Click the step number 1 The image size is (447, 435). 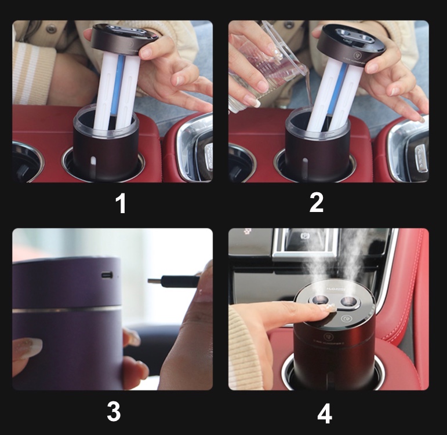click(x=121, y=204)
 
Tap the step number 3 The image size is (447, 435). click(x=114, y=412)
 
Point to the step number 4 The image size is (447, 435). click(x=325, y=413)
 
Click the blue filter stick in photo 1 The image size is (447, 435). click(x=120, y=93)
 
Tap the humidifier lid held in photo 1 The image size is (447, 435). click(x=126, y=37)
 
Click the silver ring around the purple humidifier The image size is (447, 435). click(x=70, y=310)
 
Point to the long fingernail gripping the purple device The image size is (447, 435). click(x=27, y=348)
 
